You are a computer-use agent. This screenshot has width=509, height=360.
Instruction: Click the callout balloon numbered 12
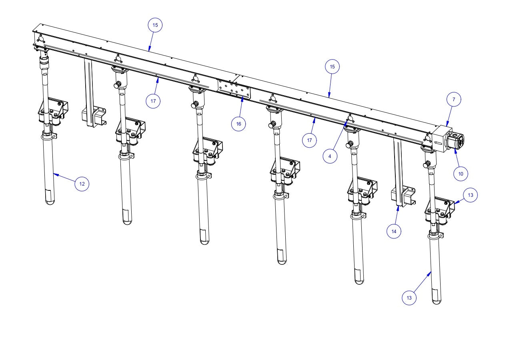(x=82, y=184)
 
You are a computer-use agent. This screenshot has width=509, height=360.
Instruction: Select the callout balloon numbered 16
(x=238, y=124)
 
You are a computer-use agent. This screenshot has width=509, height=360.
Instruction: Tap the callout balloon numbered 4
(x=330, y=156)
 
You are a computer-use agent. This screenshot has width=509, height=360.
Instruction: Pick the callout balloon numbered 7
(x=454, y=100)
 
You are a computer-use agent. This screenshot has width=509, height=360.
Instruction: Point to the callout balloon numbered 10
(x=461, y=174)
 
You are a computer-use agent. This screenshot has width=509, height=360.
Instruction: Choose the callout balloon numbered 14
(x=394, y=231)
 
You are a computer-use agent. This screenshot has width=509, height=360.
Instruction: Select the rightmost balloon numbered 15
(x=332, y=67)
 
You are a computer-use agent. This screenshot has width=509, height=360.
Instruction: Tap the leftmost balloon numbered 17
(x=153, y=101)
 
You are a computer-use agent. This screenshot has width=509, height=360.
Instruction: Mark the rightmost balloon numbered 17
(x=309, y=140)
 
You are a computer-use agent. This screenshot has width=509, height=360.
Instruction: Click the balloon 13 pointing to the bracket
(x=471, y=195)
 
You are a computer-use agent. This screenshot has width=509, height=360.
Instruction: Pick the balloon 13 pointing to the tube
(x=409, y=298)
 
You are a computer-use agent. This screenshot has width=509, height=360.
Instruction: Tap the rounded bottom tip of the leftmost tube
(x=50, y=202)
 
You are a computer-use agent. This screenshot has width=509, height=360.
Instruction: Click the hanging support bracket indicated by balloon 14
(x=402, y=196)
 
